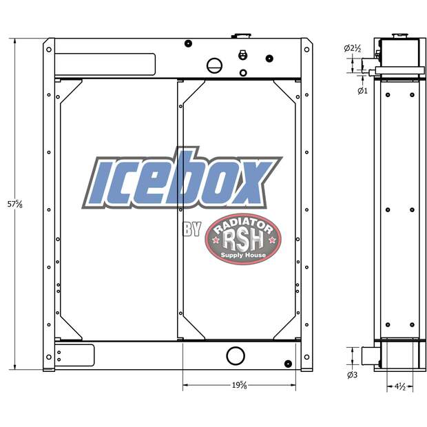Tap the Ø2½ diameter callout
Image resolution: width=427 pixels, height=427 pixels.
353,48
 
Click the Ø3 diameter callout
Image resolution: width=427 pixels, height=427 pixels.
351,375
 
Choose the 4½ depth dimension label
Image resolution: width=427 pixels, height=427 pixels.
399,386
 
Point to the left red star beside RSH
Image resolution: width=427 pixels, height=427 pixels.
216,240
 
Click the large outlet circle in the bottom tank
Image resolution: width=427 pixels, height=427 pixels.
236,356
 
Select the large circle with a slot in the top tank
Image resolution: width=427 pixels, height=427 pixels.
216,66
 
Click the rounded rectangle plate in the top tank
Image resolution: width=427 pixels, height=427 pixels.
105,65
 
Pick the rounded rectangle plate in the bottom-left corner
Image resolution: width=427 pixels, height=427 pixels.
74,355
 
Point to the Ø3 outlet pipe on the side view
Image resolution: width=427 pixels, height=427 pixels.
366,356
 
